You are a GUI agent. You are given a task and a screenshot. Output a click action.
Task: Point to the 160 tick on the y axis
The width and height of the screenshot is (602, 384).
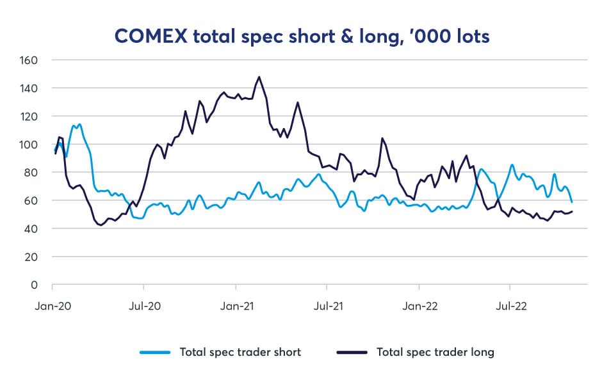pos(30,60)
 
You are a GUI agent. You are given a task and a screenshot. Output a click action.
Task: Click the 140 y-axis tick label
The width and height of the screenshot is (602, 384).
pos(30,88)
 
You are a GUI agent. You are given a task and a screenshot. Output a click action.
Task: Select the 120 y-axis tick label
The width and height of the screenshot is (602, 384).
pos(30,116)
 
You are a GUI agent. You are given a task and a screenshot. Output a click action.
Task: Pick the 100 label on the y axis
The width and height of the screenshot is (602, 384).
pos(30,145)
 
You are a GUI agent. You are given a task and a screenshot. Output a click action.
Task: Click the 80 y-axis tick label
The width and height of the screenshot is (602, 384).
pos(33,173)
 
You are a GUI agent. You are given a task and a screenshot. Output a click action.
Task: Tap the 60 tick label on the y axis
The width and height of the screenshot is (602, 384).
pos(33,200)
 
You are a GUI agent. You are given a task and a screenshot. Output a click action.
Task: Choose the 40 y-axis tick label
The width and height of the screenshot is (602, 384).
pos(33,228)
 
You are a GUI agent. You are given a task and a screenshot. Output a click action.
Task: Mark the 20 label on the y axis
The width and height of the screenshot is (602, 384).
pos(33,257)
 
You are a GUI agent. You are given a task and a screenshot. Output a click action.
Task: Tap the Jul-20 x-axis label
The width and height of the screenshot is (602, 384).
pos(145,306)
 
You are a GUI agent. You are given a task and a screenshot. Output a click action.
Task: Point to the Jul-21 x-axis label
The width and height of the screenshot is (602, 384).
pos(328,306)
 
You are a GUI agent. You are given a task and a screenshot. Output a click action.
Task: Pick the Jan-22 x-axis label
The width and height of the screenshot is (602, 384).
pos(421,306)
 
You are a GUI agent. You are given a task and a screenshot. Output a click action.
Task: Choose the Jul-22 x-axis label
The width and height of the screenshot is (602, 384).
pos(511,306)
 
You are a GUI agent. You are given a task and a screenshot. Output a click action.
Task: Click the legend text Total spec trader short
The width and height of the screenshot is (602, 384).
pos(240,352)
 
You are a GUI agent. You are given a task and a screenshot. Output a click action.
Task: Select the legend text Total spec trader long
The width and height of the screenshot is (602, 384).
pos(435,352)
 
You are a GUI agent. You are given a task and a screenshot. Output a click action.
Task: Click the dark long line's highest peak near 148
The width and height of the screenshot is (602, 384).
pos(259,77)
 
